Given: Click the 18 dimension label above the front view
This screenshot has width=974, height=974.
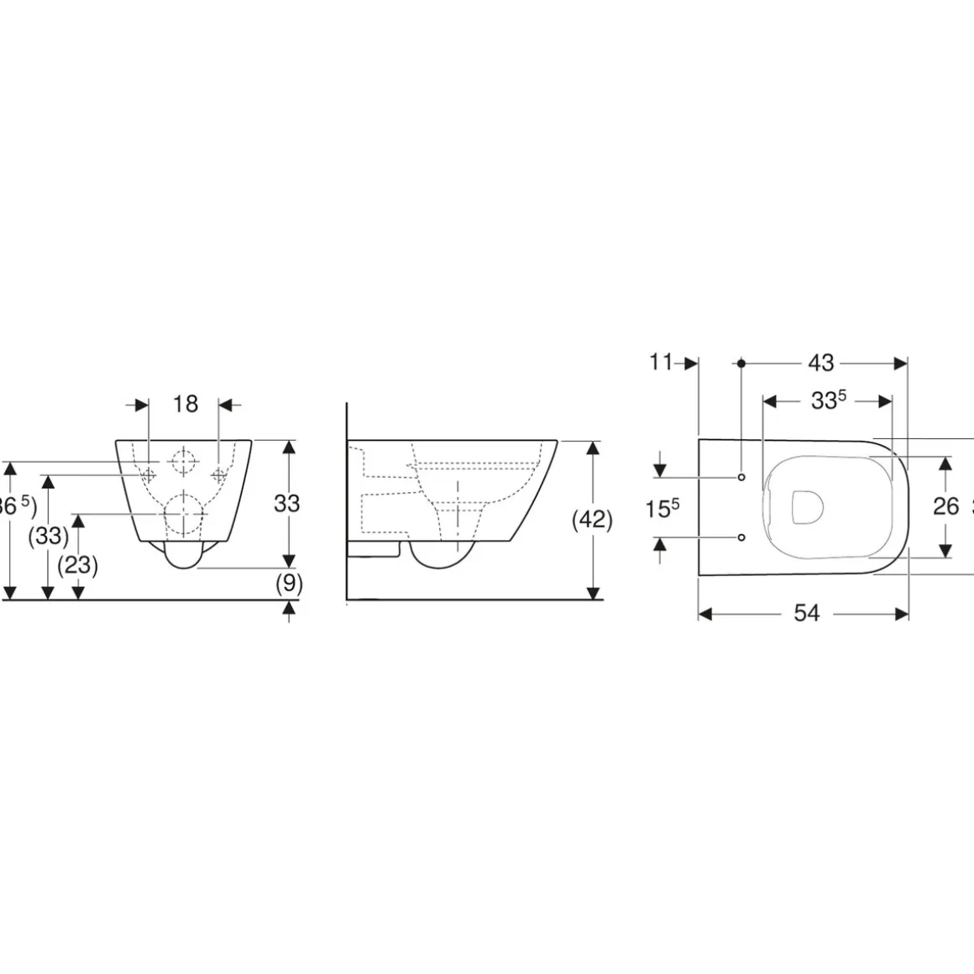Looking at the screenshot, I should pyautogui.click(x=185, y=404).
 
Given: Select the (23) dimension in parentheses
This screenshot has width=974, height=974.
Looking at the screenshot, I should pyautogui.click(x=77, y=565).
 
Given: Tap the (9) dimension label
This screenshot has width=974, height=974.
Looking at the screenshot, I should pyautogui.click(x=288, y=582).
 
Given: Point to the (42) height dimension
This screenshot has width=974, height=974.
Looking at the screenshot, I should pyautogui.click(x=592, y=520).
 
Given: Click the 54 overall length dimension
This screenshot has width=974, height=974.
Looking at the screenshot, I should pyautogui.click(x=806, y=614).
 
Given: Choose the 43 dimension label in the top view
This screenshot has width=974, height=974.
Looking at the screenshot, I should pyautogui.click(x=820, y=363).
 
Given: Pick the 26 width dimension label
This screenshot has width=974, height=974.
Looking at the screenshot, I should pyautogui.click(x=945, y=505).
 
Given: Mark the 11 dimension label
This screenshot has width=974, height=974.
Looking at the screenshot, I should pyautogui.click(x=662, y=363).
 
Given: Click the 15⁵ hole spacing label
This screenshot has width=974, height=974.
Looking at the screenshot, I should pyautogui.click(x=662, y=507).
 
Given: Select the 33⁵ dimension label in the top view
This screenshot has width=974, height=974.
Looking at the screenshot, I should pyautogui.click(x=827, y=401).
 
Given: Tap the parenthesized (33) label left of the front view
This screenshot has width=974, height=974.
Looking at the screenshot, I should pyautogui.click(x=48, y=535).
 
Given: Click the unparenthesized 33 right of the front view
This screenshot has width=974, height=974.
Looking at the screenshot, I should pyautogui.click(x=287, y=503).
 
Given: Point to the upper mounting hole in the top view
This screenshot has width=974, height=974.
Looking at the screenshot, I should pyautogui.click(x=741, y=477).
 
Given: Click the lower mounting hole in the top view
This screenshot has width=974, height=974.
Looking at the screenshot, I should pyautogui.click(x=741, y=537).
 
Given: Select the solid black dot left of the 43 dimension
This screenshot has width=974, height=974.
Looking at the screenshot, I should pyautogui.click(x=741, y=364).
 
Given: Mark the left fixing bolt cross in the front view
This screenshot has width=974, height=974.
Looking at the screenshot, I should pyautogui.click(x=149, y=474).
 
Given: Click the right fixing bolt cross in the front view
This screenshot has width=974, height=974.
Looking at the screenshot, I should pyautogui.click(x=218, y=474).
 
